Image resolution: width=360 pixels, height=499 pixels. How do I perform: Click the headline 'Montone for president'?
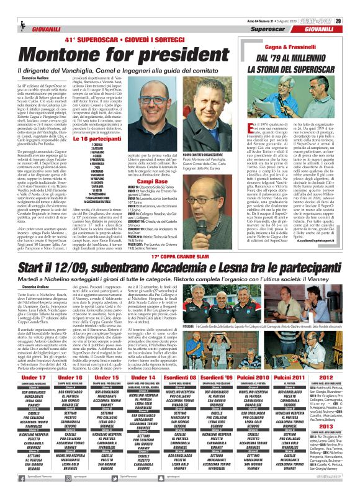[118, 55]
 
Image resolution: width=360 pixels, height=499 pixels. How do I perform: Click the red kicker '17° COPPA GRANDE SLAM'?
[180, 240]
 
